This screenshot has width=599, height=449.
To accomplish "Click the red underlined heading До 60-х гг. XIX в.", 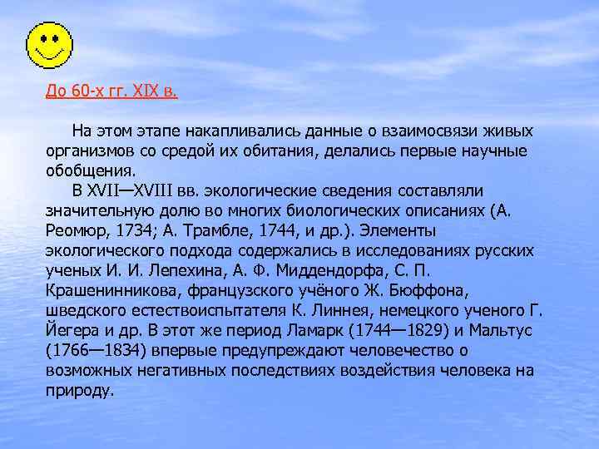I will coord(111,90).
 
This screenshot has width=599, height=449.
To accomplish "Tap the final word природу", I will coord(80,389).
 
